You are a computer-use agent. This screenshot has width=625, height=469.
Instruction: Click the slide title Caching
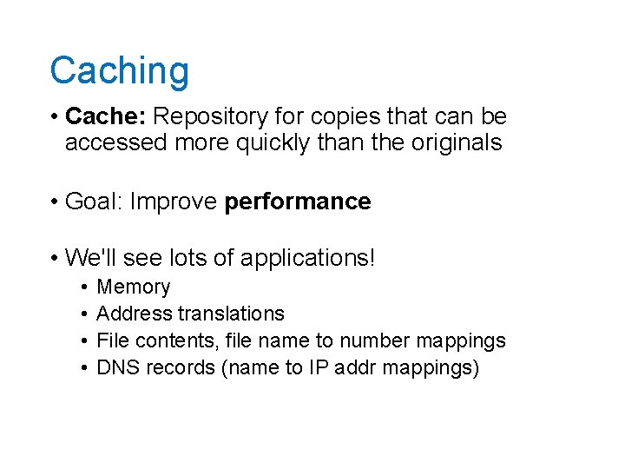tap(119, 71)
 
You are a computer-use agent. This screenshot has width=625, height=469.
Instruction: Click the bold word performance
tap(298, 202)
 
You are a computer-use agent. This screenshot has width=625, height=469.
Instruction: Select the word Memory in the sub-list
tap(134, 287)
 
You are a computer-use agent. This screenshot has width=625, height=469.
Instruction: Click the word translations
tap(231, 314)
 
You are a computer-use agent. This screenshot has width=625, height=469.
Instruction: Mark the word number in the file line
tap(371, 340)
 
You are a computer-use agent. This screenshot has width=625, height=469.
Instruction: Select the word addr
tap(357, 367)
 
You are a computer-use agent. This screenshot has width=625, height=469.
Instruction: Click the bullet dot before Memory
tap(80, 287)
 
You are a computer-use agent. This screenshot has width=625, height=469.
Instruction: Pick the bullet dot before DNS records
tap(80, 368)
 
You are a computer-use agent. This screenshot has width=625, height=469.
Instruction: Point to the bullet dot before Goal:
tap(54, 202)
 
